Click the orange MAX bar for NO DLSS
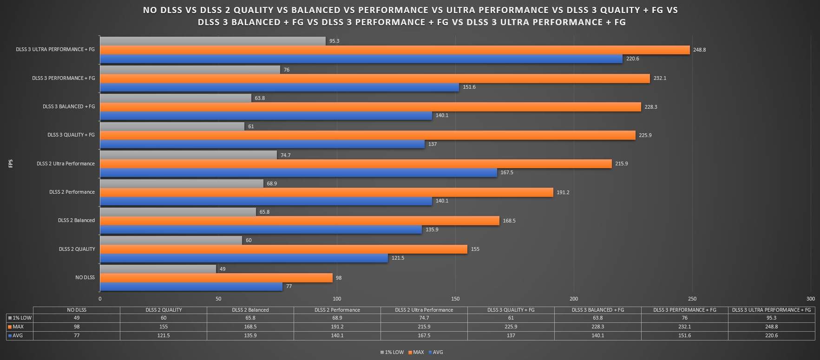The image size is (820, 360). tap(216, 278)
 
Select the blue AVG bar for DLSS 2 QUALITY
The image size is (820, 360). tap(244, 258)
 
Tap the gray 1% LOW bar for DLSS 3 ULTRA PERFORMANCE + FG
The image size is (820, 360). tap(213, 41)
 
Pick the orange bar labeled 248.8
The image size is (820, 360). tap(395, 50)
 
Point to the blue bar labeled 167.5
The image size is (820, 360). tap(298, 172)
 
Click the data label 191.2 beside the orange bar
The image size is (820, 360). tap(563, 192)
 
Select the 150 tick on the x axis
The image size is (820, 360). tap(455, 299)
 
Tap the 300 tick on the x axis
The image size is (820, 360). tap(810, 299)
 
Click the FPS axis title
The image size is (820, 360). tap(11, 164)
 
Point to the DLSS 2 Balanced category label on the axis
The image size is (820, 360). tap(76, 220)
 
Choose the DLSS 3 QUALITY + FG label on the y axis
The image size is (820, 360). tap(71, 135)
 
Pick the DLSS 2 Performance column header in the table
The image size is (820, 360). tap(337, 310)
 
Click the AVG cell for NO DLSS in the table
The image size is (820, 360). tap(77, 335)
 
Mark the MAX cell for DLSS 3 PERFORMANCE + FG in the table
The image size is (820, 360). tap(684, 327)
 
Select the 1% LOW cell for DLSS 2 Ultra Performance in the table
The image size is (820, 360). tap(424, 318)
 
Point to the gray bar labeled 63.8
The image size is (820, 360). tap(176, 98)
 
